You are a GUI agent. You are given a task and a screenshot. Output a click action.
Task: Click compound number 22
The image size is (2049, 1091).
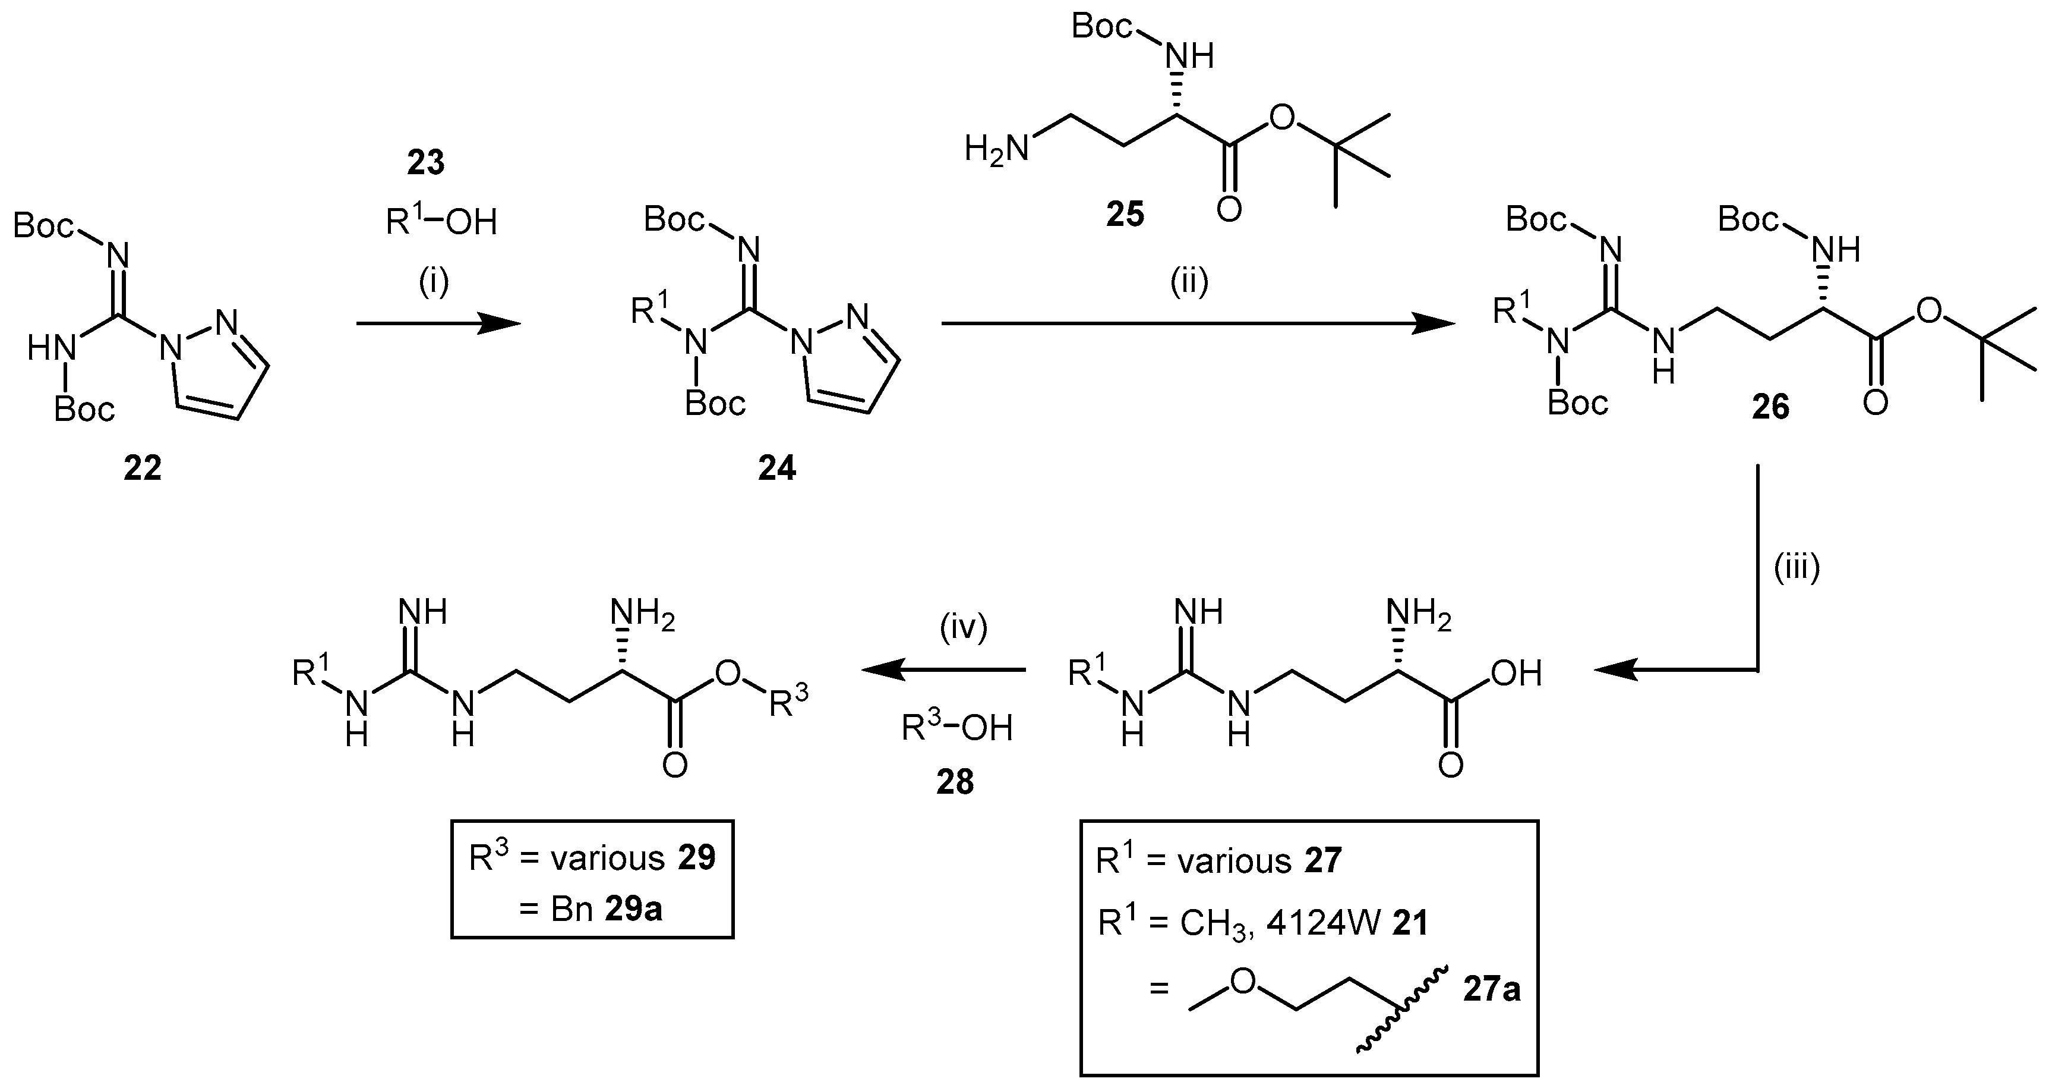[x=143, y=469]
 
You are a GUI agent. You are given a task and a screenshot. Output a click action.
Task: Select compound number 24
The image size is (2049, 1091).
[x=776, y=469]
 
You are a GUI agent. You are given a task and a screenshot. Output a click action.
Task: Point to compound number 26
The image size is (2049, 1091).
[x=1770, y=407]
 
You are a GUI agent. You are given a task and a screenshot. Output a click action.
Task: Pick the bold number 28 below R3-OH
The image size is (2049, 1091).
[x=955, y=782]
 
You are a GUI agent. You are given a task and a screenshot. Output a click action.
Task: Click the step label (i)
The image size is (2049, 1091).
[x=434, y=282]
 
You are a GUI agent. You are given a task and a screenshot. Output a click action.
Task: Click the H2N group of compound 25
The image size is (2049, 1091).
[x=996, y=149]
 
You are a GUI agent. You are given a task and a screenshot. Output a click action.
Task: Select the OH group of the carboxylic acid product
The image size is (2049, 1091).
[x=1516, y=674]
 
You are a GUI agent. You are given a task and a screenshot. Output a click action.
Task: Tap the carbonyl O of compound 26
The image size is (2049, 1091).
[x=1875, y=404]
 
